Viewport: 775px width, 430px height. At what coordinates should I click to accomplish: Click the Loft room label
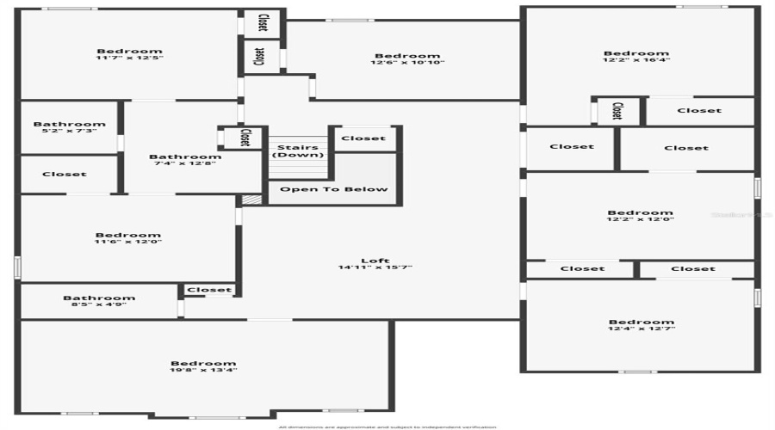pos(375,261)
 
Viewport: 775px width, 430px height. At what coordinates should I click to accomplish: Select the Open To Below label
pos(334,189)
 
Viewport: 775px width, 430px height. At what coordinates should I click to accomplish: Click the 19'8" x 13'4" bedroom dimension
pos(203,371)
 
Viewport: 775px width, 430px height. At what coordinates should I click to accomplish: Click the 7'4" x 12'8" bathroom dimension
pos(185,164)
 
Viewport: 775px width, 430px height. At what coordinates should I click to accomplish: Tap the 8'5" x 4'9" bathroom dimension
pos(99,305)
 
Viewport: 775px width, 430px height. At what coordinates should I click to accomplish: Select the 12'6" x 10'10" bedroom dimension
pos(407,64)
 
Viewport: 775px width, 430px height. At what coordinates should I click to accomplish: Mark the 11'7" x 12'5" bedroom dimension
pos(129,58)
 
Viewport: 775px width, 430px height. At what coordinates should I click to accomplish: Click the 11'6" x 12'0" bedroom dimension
pos(127,243)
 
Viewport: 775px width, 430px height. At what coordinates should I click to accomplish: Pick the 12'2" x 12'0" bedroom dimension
pos(640,220)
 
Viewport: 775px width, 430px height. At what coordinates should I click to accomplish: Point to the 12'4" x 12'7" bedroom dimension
pos(641,329)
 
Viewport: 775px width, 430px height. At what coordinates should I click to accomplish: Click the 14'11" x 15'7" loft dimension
pos(375,267)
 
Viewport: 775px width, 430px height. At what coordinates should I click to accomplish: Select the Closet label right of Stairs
pos(363,138)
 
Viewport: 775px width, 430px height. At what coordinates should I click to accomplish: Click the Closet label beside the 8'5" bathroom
pos(209,290)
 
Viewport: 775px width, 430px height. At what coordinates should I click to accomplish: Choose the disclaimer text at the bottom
pos(387,427)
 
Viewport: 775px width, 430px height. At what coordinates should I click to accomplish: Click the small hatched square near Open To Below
pos(251,200)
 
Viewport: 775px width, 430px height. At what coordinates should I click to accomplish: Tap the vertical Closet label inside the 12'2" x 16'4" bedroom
pos(617,111)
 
